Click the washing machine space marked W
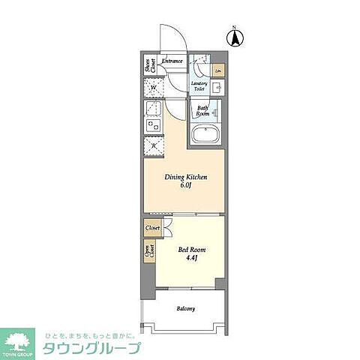pos(154,88)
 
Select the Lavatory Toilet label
pos(199,86)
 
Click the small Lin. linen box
pos(217,71)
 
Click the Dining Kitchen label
pos(185,177)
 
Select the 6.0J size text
pos(185,187)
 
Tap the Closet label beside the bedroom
pos(152,226)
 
